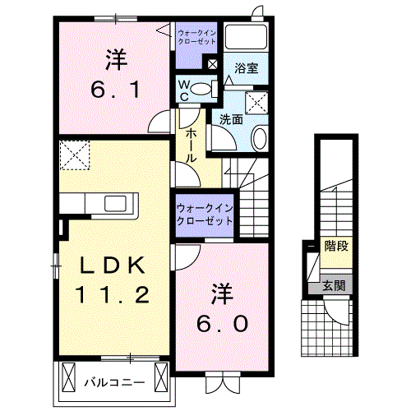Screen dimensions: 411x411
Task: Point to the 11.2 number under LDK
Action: click(113, 294)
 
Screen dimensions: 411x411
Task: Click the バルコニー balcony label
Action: click(114, 382)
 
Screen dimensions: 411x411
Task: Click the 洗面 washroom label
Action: click(231, 118)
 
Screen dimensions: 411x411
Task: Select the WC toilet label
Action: click(184, 89)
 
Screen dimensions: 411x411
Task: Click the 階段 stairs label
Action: click(335, 245)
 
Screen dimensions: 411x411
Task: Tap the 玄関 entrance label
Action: click(334, 286)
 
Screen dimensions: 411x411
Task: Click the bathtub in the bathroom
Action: click(247, 38)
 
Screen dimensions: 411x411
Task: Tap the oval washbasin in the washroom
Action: click(259, 139)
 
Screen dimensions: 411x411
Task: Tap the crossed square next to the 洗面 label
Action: click(260, 103)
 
